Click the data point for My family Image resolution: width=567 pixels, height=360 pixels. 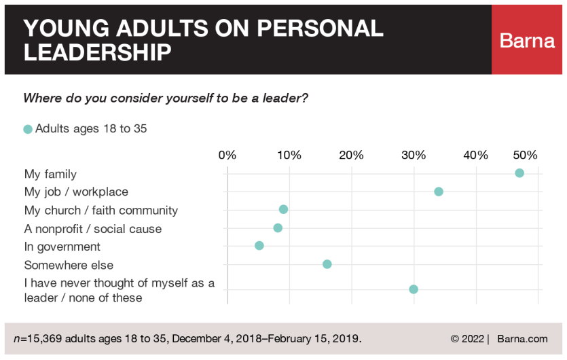(519, 173)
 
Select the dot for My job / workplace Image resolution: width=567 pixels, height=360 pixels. (439, 192)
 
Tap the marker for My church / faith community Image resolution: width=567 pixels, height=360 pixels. (283, 209)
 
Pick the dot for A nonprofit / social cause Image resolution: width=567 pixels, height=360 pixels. (278, 228)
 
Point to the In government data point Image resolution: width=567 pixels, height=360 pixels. (259, 245)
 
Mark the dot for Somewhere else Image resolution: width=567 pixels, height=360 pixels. (327, 264)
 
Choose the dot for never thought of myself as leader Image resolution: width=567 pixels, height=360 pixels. (414, 289)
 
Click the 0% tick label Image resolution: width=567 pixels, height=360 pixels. (227, 155)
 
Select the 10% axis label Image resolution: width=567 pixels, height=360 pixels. (289, 155)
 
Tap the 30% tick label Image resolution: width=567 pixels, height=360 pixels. (414, 155)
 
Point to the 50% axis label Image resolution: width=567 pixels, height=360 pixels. (525, 155)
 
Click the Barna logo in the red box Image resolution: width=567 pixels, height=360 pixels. (526, 40)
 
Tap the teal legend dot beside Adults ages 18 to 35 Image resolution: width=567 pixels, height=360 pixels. (28, 129)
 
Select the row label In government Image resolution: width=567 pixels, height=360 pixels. (62, 247)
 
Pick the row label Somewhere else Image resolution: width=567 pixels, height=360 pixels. (69, 265)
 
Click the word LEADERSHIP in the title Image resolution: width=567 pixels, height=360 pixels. (97, 52)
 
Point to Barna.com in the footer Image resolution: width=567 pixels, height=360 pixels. (522, 338)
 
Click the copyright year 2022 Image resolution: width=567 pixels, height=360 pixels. (473, 338)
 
